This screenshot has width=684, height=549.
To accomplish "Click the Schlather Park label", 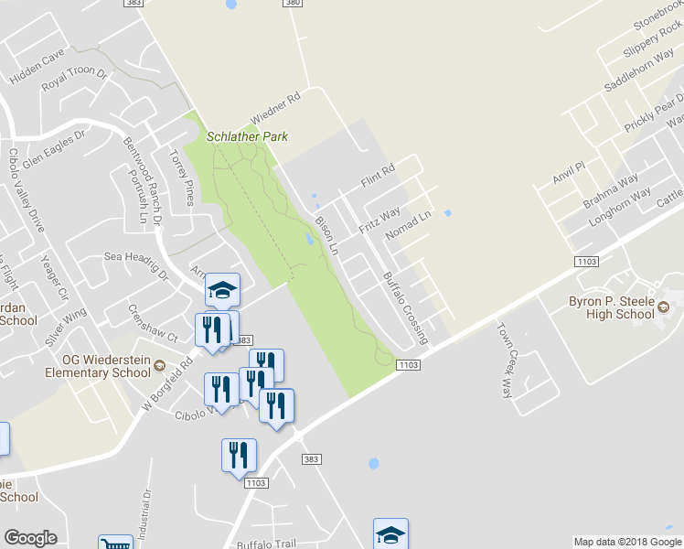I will tap(247, 136).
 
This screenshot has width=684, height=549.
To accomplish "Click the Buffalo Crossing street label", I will tap(404, 307).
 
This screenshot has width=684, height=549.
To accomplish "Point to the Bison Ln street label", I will tap(326, 234).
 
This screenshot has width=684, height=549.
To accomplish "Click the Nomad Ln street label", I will tap(408, 228).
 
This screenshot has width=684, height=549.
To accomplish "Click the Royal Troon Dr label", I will tap(75, 80).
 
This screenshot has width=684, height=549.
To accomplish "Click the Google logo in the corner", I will tap(30, 537).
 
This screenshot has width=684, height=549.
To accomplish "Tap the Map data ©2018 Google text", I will tap(626, 542).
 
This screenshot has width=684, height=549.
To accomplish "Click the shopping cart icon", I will tap(115, 542).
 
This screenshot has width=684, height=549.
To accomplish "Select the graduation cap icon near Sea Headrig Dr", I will tap(222, 290).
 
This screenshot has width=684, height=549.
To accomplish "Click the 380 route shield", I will tap(292, 4).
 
